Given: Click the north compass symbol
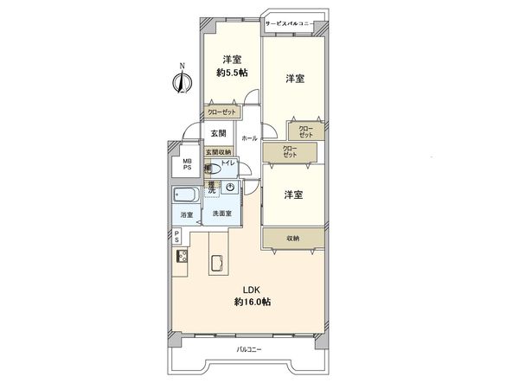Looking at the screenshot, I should (181, 83).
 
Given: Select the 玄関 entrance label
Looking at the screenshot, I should (218, 133).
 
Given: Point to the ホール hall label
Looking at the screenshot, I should (249, 137).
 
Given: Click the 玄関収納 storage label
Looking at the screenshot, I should (218, 152).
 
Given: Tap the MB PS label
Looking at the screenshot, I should (186, 164).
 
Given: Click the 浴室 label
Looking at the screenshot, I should (186, 214).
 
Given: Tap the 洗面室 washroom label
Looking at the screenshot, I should (221, 214).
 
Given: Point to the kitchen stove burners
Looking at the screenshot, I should (183, 257).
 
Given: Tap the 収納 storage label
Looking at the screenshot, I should (293, 238).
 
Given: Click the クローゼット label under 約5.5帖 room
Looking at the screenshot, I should (223, 112).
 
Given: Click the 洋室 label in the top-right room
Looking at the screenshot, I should (294, 79).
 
